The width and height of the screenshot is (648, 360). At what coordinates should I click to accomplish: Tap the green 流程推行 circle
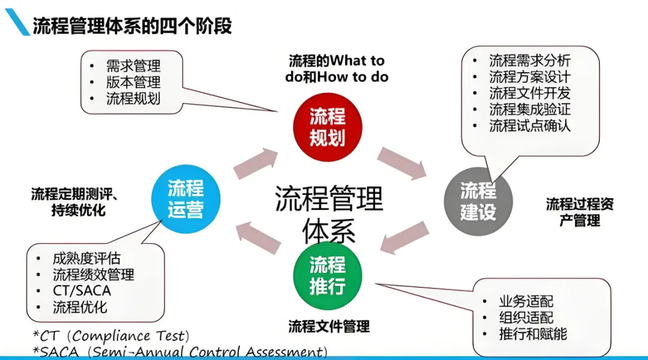click(328, 275)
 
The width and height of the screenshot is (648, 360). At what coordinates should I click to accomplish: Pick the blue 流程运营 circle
click(185, 199)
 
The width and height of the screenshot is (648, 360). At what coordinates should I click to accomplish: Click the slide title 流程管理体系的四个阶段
click(132, 26)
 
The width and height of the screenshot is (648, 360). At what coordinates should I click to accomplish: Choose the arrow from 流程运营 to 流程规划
click(256, 164)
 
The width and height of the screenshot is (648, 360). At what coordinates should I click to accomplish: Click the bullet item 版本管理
click(133, 82)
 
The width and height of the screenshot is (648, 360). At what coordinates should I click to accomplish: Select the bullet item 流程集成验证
click(530, 109)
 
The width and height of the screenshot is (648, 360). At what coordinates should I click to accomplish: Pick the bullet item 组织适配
click(526, 317)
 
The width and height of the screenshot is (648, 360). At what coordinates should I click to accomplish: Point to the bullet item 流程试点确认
click(530, 125)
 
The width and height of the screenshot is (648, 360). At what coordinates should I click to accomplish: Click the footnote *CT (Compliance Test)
click(112, 336)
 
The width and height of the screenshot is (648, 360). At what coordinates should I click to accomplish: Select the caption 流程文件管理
click(329, 326)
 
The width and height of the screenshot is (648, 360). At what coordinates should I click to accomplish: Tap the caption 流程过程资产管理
click(580, 212)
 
